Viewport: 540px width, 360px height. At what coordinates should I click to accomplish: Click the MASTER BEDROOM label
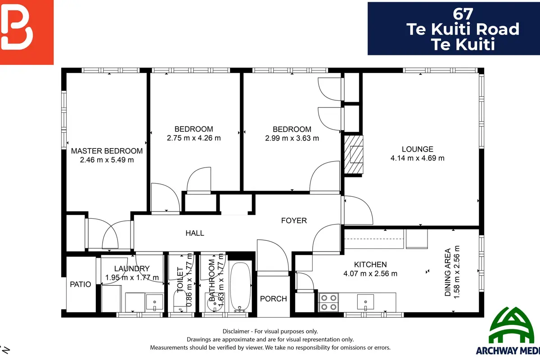coord(107,151)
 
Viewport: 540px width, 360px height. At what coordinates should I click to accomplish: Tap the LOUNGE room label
coord(417,149)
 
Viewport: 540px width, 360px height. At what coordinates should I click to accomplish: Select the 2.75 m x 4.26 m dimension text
coord(193,138)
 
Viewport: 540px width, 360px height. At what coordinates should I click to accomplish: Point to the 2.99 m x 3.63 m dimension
coord(292,138)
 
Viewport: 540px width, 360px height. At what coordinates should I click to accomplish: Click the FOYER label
coord(294,220)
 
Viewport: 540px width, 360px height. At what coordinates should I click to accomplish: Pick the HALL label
coord(195,233)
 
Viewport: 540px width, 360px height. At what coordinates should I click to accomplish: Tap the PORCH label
coord(274,299)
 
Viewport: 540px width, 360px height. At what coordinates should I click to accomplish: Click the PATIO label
coord(80,284)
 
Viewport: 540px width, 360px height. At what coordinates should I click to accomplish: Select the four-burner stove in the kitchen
coord(328,302)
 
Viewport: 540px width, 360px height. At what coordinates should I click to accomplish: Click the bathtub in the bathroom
coord(240,287)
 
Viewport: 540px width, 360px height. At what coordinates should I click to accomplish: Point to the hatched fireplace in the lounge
coord(353,154)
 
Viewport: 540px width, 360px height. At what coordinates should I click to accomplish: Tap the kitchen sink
coord(365,301)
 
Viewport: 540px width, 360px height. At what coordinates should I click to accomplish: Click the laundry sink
coord(154,302)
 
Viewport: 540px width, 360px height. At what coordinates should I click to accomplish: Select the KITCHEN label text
coord(370,265)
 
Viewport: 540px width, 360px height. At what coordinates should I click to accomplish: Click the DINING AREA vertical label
coord(448,272)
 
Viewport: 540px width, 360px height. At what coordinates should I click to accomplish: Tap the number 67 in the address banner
coord(463,14)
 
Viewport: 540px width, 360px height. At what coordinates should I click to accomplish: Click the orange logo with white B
coord(27,32)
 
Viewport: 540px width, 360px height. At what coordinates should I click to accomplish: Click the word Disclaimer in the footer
coord(236,331)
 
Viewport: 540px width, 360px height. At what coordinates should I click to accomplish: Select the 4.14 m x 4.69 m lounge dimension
coord(417,158)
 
